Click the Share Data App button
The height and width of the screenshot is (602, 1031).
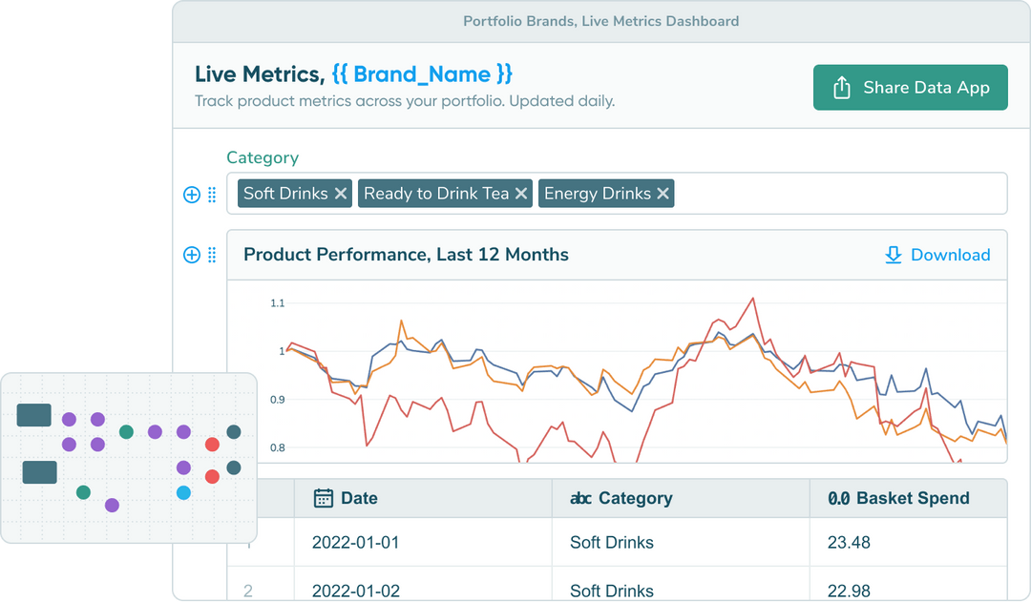point(910,88)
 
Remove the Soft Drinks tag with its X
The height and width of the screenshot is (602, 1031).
point(341,194)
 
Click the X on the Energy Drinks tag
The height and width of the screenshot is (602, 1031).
point(663,194)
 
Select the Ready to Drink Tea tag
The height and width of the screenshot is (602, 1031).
point(436,194)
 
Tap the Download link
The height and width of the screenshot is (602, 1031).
point(937,255)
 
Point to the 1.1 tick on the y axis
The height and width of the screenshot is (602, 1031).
point(278,303)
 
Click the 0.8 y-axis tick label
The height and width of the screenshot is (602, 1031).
point(278,447)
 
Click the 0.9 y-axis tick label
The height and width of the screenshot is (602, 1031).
point(278,400)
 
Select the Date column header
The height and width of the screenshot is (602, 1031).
point(359,498)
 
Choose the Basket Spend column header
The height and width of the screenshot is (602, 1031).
point(912,498)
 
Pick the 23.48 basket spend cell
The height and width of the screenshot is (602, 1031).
point(849,543)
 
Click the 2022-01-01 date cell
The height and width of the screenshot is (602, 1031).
point(355,543)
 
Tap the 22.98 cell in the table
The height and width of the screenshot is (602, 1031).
point(849,591)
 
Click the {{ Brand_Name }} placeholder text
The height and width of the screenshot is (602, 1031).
point(422,74)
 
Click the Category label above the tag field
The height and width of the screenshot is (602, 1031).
point(263,158)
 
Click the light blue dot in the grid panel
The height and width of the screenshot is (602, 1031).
point(183,493)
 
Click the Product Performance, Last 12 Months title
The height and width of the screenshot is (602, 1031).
point(406,255)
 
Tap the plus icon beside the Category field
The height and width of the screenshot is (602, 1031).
point(191,195)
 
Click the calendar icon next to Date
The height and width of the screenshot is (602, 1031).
point(324,498)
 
